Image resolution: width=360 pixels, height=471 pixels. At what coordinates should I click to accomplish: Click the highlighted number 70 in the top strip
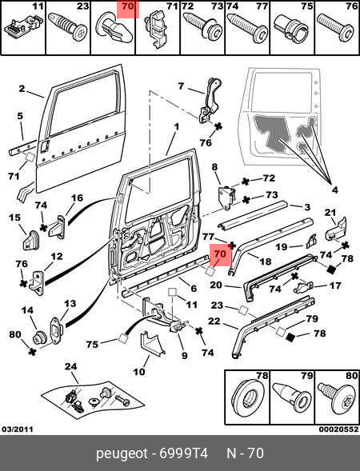[128, 6]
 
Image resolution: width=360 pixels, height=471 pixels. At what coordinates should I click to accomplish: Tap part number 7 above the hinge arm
[181, 86]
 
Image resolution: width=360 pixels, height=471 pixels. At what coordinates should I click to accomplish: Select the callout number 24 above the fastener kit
[71, 367]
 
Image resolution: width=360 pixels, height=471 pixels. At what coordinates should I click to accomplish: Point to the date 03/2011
[18, 429]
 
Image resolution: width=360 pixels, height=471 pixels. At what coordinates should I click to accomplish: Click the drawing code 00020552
[338, 429]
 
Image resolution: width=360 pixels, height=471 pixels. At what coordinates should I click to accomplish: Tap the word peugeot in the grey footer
[122, 453]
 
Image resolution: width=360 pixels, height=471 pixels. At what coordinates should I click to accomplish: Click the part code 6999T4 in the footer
[184, 453]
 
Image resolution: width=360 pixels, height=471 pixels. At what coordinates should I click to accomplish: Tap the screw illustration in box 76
[336, 28]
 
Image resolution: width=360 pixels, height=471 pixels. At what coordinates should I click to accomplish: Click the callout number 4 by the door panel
[334, 190]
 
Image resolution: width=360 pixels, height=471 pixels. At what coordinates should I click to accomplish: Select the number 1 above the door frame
[176, 126]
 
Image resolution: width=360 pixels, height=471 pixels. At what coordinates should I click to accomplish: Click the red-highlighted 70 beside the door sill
[220, 254]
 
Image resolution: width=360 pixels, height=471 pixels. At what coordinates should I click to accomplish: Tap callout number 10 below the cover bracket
[139, 372]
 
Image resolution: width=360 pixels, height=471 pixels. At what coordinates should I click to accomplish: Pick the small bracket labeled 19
[311, 241]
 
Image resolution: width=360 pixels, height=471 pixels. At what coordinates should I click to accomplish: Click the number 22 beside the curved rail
[214, 321]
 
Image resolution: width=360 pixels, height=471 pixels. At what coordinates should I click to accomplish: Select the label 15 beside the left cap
[14, 218]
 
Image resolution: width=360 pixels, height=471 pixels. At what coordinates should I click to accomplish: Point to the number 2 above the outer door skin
[22, 89]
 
